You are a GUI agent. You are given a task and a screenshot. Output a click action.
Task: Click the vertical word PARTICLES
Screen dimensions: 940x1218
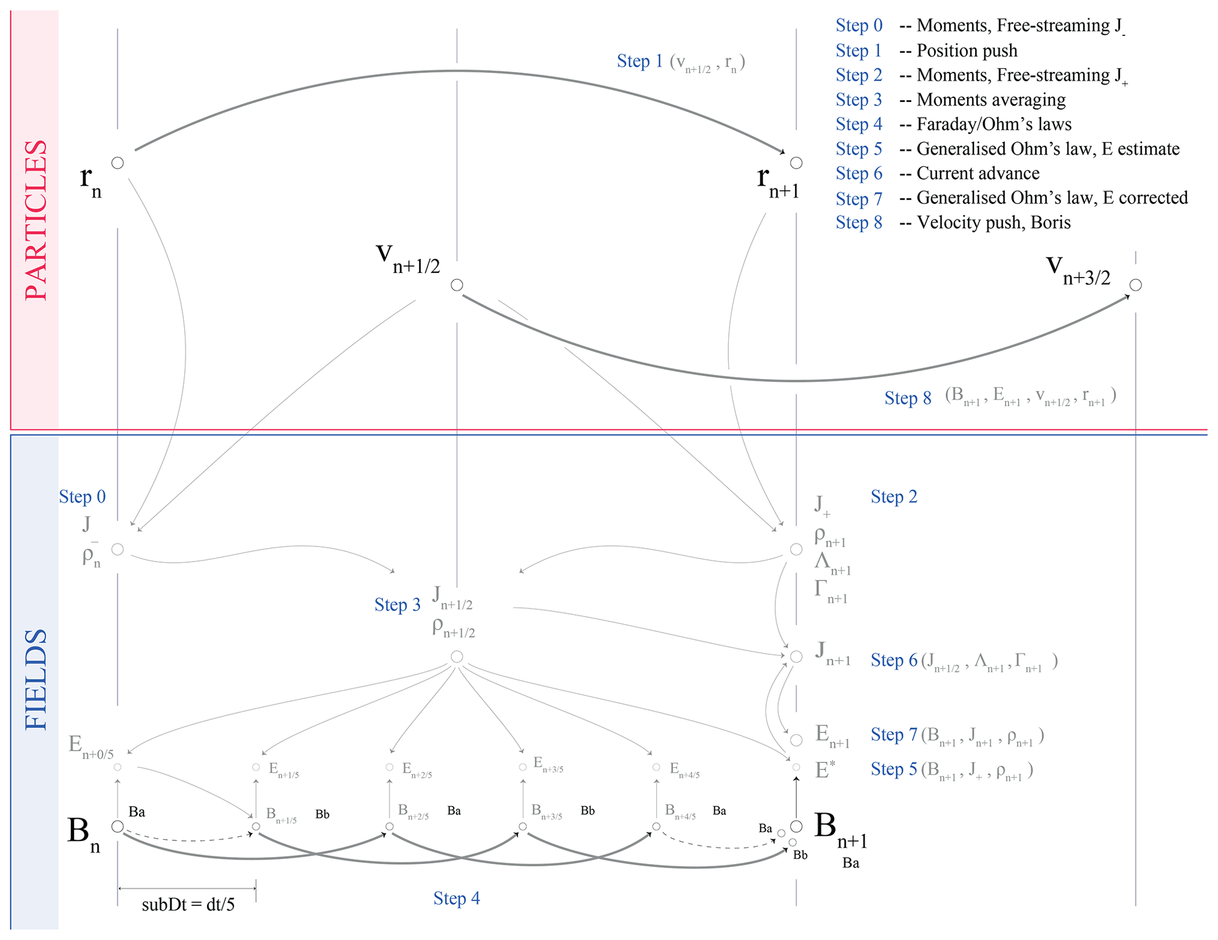[x=36, y=220]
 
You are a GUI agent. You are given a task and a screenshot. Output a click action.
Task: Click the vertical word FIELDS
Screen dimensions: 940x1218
[x=36, y=680]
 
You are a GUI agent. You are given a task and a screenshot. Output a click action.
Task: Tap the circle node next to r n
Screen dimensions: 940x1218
[x=118, y=163]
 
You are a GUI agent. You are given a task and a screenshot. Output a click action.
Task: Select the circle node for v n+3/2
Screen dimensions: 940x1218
[x=1136, y=285]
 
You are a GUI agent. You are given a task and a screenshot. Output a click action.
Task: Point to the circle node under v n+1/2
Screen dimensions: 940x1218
[x=457, y=285]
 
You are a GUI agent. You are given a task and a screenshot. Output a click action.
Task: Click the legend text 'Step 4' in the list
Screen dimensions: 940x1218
[x=859, y=124]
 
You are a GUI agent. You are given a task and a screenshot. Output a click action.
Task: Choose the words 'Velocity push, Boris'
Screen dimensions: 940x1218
[x=993, y=223]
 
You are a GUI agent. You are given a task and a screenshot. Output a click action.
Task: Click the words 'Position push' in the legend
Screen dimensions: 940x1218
[x=967, y=51]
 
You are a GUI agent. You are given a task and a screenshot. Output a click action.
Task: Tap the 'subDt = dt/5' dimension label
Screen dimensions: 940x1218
[x=188, y=905]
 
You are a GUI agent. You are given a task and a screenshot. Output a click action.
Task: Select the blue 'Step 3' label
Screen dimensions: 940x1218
[x=397, y=605]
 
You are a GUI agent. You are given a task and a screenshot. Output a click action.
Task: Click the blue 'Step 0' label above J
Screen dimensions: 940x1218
[x=82, y=497]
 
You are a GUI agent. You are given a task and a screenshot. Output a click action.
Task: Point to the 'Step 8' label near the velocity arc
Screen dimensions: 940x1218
[x=907, y=398]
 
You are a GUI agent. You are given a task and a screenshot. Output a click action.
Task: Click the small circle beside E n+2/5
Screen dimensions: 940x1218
[x=390, y=767]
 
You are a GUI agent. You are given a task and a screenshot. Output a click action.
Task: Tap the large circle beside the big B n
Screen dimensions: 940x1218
[x=118, y=826]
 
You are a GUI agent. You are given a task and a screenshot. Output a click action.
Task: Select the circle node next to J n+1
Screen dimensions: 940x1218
[x=796, y=657]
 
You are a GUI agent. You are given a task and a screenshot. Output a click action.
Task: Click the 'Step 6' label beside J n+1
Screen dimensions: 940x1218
[x=894, y=660]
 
